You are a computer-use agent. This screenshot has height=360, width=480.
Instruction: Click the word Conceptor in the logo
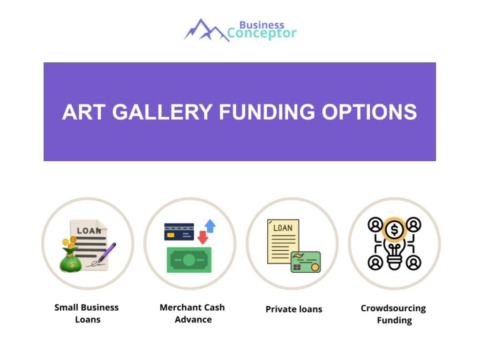coord(262,34)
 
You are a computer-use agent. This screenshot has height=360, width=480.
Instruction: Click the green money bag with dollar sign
coord(71,261)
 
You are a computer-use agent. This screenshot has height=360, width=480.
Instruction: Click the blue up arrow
coord(210,226)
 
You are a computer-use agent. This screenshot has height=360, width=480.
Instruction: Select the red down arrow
coord(202,237)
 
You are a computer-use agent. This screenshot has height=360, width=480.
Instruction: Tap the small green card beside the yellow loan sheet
coord(305,262)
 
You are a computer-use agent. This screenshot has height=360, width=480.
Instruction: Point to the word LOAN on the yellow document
coord(283,228)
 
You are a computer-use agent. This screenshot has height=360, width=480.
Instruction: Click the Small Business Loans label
coord(87,314)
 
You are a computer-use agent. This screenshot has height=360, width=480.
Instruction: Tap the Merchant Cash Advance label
coord(192,314)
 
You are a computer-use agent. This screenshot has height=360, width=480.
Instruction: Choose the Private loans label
coord(294,309)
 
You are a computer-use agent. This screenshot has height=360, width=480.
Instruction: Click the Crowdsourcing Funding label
coord(393,315)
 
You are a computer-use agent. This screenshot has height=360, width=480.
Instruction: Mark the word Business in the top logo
coord(262,24)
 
